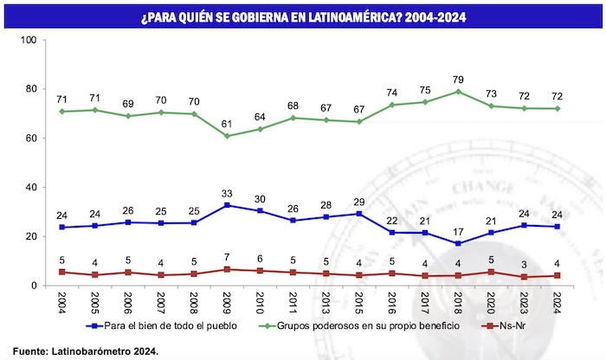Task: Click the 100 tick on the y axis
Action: (x=27, y=41)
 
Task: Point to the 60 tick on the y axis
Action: (x=29, y=138)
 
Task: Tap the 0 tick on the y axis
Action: (x=32, y=286)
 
